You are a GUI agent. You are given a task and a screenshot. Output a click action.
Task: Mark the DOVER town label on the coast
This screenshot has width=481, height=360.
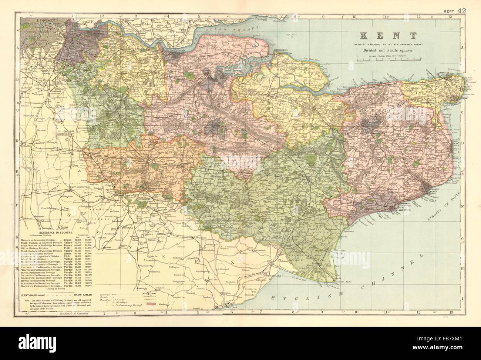click(436, 192)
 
